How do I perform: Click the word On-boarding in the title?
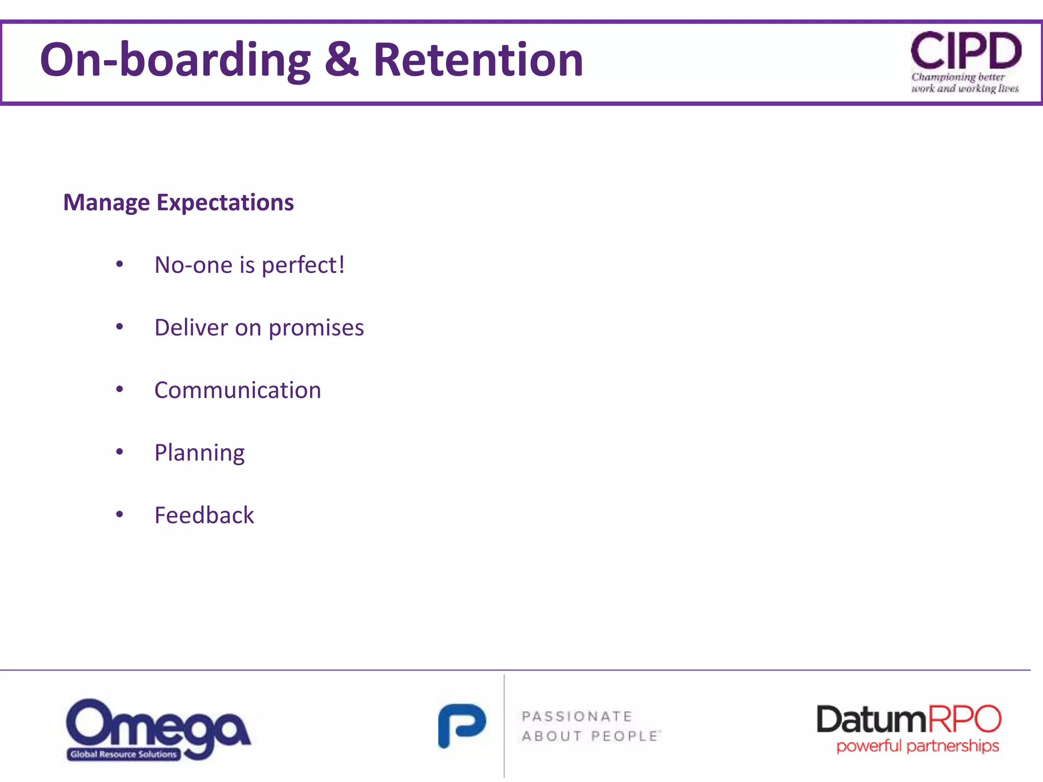[x=175, y=60]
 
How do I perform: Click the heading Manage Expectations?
[x=178, y=203]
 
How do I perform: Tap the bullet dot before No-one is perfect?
[x=120, y=264]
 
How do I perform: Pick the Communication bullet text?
[x=237, y=390]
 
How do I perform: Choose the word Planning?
[x=199, y=453]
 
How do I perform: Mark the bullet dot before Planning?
[x=120, y=452]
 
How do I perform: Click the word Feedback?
[x=204, y=515]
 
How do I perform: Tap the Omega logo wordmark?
[x=158, y=723]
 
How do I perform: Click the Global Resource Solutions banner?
[x=124, y=755]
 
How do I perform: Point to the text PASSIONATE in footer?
[x=577, y=717]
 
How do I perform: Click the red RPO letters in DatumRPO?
[x=964, y=719]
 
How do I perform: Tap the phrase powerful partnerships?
[x=917, y=746]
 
